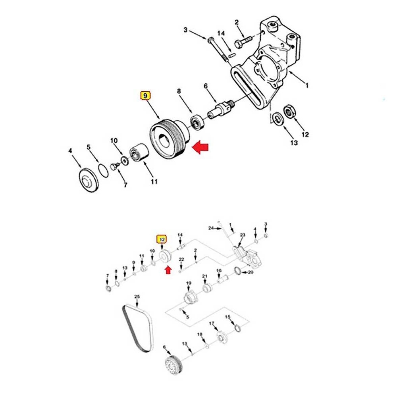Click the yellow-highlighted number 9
coord(145,96)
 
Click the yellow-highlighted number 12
coord(162,239)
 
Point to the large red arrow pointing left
coord(200,148)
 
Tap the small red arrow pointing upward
coord(168,270)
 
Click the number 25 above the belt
coord(137,297)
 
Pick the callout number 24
coord(211,228)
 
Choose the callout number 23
coord(243,235)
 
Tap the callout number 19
coord(189,283)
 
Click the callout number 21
coord(205,276)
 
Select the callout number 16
coord(219,271)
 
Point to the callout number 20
coord(250,272)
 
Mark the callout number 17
coord(212,324)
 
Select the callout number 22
coord(181,260)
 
